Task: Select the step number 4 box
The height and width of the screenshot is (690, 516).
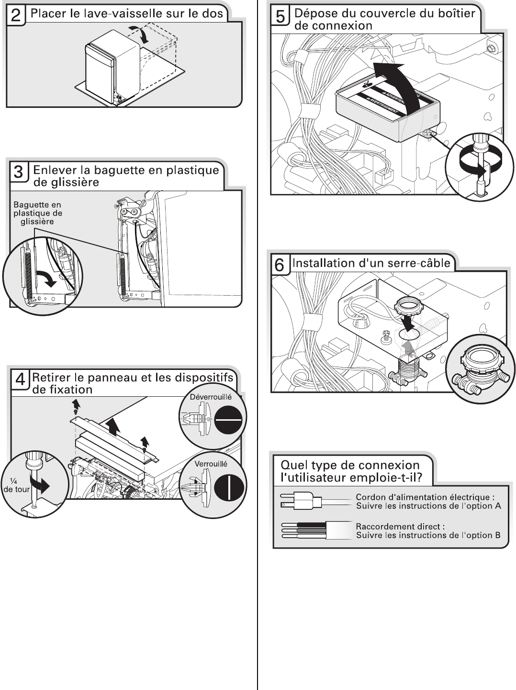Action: click(x=21, y=380)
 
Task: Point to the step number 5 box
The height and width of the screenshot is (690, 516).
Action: click(x=280, y=17)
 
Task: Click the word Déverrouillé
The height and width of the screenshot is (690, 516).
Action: click(x=211, y=397)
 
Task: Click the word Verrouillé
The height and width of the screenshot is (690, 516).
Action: click(x=211, y=463)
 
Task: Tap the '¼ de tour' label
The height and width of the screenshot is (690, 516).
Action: click(x=17, y=485)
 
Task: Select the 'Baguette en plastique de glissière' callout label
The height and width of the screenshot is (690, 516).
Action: click(x=37, y=213)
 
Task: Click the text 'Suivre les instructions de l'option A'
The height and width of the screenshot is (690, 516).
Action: click(x=428, y=506)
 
